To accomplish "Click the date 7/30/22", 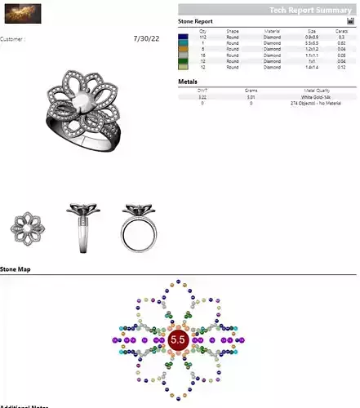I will [147, 38].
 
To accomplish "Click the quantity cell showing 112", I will [202, 38].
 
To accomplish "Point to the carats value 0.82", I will [340, 43].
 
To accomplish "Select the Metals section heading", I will [188, 82].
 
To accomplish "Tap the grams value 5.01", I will [251, 97].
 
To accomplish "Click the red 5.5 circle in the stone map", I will [179, 337].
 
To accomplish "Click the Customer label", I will [12, 38].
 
